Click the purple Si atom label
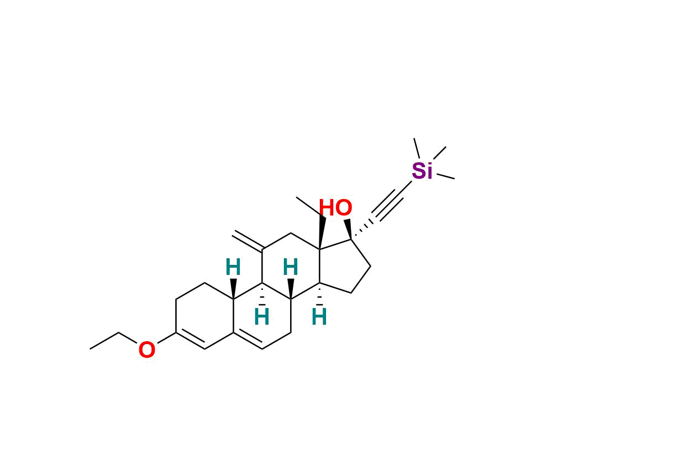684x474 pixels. [x=422, y=171]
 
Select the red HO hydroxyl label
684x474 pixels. [x=335, y=209]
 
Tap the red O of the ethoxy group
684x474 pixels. [x=146, y=350]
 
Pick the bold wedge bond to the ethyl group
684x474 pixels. [x=322, y=232]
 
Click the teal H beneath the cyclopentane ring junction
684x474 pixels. [x=319, y=317]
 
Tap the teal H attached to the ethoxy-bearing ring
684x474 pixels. [x=233, y=268]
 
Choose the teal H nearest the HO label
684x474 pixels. [x=291, y=268]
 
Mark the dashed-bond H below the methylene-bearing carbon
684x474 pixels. [x=262, y=317]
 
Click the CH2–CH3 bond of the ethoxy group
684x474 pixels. [x=104, y=341]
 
